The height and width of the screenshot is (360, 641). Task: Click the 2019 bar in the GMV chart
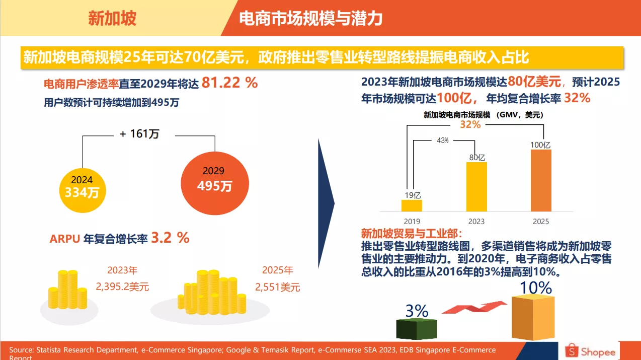(412, 205)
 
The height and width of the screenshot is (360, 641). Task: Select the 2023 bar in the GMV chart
(476, 186)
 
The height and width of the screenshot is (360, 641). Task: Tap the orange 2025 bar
(541, 180)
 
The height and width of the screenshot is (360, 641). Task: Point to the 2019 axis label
(412, 221)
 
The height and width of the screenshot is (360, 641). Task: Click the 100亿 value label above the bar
(541, 145)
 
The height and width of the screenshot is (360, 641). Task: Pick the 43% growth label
(443, 140)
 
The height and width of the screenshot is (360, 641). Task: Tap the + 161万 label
(139, 134)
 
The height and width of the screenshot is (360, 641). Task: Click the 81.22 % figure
(229, 83)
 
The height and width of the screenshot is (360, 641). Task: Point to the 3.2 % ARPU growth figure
(170, 238)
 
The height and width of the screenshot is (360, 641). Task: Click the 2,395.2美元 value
(122, 287)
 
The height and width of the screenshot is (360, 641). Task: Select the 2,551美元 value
(277, 287)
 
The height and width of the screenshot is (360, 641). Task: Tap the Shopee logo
(591, 351)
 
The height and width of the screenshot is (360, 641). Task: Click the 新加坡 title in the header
(112, 19)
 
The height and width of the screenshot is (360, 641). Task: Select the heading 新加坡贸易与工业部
(411, 234)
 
